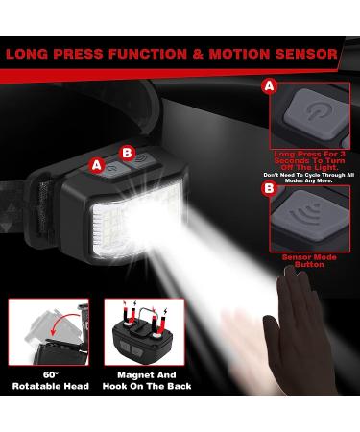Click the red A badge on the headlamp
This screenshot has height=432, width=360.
pyautogui.click(x=96, y=164)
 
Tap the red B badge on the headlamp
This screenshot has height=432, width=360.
pyautogui.click(x=127, y=151)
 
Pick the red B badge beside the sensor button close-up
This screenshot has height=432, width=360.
pyautogui.click(x=267, y=190)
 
